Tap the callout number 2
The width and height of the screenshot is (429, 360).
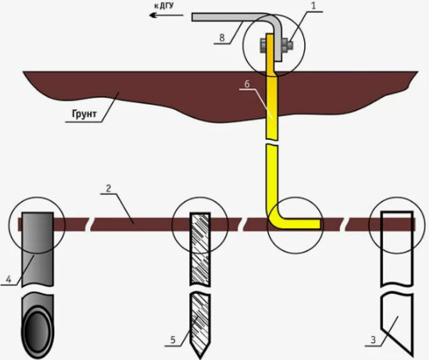click(108, 190)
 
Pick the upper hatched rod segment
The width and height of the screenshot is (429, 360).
click(199, 245)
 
